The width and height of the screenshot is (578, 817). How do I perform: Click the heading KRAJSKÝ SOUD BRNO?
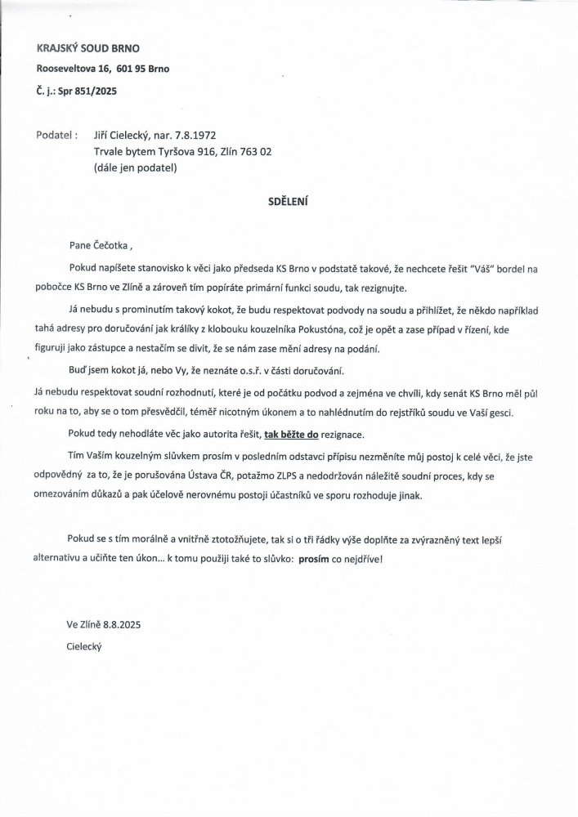pos(82,48)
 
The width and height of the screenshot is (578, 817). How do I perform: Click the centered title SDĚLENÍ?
pos(289,199)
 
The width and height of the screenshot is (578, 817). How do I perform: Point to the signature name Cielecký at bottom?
pos(87,645)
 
